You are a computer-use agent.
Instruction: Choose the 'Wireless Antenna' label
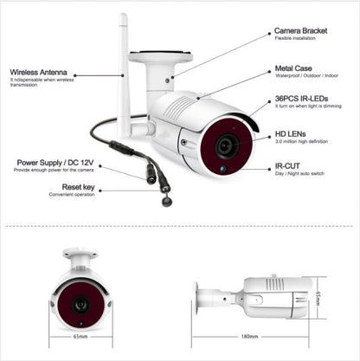(39, 74)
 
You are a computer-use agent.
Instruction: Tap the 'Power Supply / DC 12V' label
(55, 161)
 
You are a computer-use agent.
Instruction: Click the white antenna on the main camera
(123, 78)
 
